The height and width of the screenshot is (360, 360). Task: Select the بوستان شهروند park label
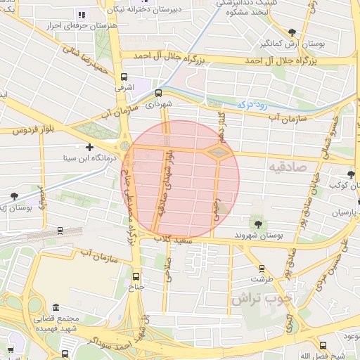point(258,235)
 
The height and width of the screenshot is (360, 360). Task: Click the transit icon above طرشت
point(262,268)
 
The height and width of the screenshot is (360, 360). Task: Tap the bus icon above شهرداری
point(157,92)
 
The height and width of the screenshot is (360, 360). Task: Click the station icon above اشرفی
point(124,77)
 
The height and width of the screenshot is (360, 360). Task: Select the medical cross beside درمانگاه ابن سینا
point(89,147)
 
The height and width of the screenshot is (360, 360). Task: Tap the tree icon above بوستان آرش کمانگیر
point(292,32)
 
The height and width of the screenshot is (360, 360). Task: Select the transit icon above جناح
point(136,276)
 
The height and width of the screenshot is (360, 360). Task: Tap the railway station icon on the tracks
point(60,229)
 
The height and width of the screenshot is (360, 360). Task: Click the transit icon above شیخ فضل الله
point(323,345)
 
